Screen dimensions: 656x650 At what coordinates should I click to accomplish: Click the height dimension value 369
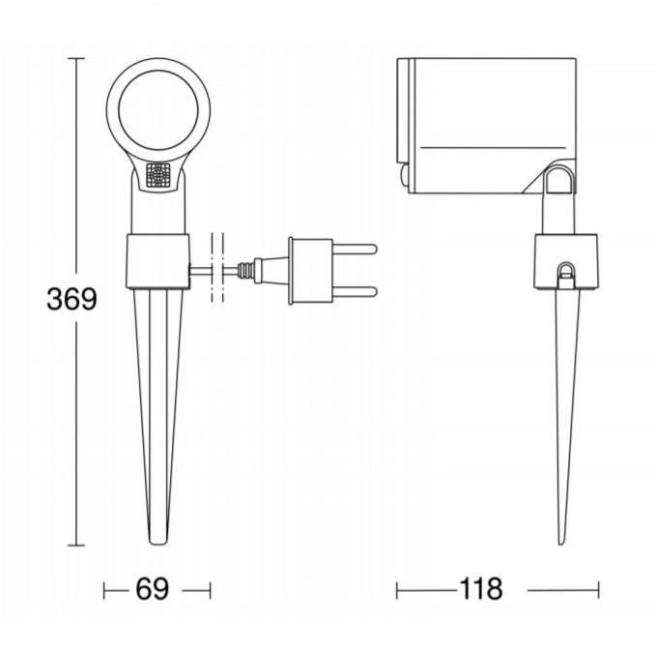pos(71,299)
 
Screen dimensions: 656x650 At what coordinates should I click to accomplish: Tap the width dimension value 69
pos(153,589)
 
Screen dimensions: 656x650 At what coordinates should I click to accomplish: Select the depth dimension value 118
pos(481,588)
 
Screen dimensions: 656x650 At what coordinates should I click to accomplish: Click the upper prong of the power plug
pos(355,250)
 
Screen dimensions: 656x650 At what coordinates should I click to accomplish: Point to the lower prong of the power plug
pos(355,291)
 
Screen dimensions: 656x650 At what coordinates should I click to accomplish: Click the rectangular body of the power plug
pos(312,271)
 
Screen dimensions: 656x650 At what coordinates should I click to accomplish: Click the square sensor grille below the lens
pos(158,175)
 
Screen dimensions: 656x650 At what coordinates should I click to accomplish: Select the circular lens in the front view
pos(158,109)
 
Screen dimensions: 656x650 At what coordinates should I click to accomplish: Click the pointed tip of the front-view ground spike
pos(158,544)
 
